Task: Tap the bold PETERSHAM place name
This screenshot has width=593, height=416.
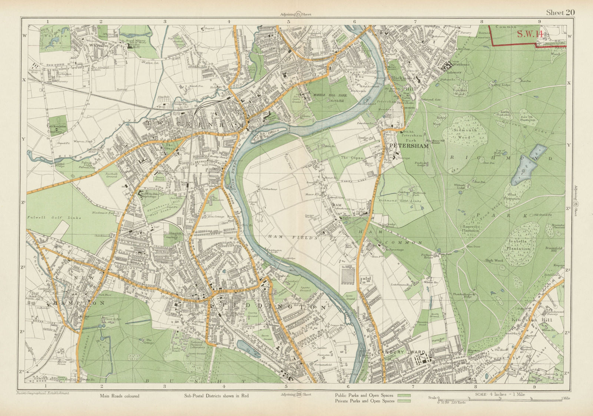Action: point(408,146)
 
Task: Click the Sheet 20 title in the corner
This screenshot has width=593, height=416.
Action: point(560,13)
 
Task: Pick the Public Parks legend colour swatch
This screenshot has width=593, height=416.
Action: point(404,396)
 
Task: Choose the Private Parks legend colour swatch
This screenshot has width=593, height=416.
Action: point(404,401)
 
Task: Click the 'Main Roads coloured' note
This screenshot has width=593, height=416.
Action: point(119,396)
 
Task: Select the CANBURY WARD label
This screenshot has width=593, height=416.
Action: point(401,352)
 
